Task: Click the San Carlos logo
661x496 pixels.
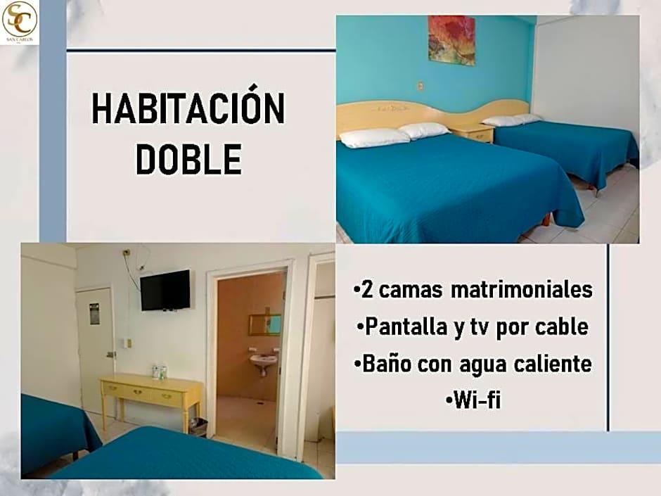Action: tap(19, 20)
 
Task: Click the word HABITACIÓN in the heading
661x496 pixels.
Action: tap(188, 110)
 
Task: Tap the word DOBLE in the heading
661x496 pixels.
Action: tap(188, 159)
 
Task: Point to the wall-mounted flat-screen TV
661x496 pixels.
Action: tap(165, 289)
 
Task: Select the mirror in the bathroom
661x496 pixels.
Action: tap(264, 324)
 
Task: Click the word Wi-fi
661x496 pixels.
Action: tap(473, 401)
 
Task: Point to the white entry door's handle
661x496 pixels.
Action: tap(110, 354)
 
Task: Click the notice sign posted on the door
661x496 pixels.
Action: tap(94, 313)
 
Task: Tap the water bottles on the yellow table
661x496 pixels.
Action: tap(159, 371)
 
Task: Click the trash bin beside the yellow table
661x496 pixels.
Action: tap(199, 426)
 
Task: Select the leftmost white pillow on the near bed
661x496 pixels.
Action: tap(373, 138)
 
